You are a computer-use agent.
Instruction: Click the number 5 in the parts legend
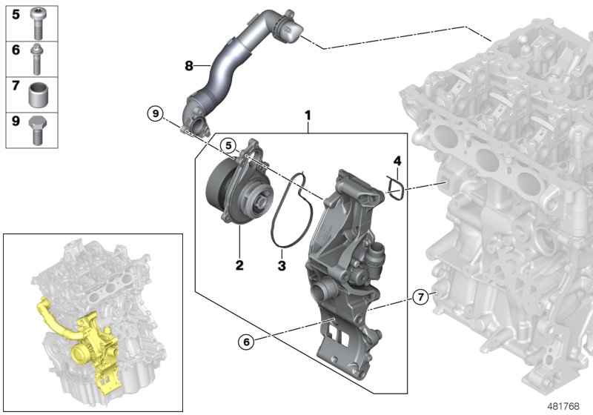16,14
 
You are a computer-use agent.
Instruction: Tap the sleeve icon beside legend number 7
39,94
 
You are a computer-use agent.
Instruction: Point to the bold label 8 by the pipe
189,66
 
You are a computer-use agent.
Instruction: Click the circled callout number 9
154,113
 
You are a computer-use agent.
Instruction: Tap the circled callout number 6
245,342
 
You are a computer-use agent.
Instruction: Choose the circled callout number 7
420,298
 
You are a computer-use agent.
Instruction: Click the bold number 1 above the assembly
308,116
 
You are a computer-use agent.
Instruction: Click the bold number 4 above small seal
397,160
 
